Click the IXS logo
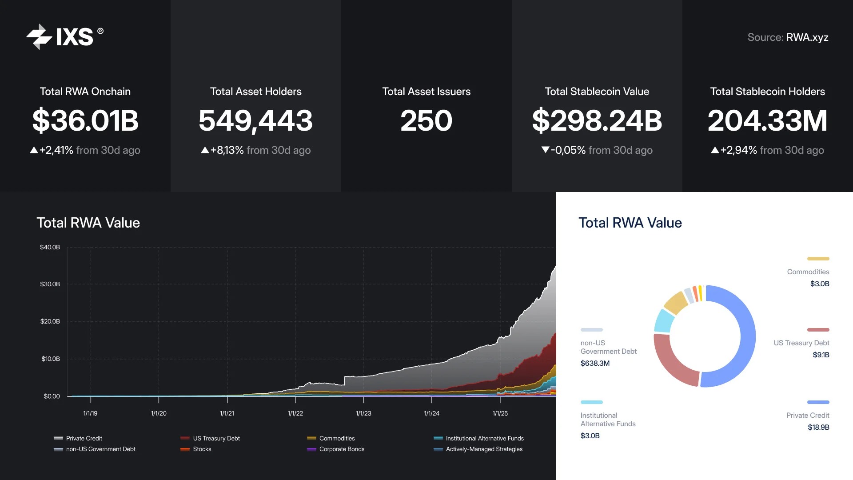coord(64,36)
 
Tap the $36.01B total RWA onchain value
coord(85,120)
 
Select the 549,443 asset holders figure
coord(255,120)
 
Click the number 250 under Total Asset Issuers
coord(426,120)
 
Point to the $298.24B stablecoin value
coord(597,120)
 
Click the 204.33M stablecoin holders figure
coord(767,120)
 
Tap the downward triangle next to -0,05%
coord(545,150)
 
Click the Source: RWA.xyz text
coord(788,37)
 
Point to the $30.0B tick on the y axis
coord(50,284)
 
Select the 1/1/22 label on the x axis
coord(295,413)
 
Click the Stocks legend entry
coord(202,449)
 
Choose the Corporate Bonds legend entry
coord(341,449)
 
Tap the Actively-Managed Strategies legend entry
coord(484,449)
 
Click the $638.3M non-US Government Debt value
coord(595,363)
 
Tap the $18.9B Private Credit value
coord(818,427)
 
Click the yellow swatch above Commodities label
coord(818,259)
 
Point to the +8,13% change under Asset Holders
coord(227,150)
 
